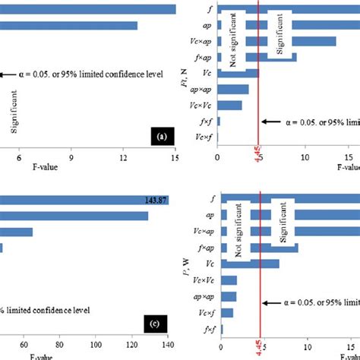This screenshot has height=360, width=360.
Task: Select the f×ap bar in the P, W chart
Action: [257, 248]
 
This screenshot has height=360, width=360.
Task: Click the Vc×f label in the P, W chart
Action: [204, 312]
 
